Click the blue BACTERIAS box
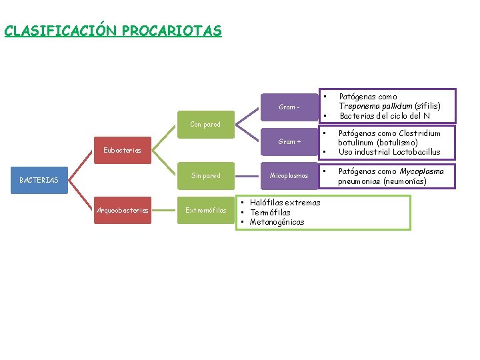(x=39, y=180)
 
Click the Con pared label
(x=205, y=124)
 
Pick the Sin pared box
(x=205, y=176)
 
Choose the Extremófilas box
(x=205, y=211)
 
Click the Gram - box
(x=289, y=107)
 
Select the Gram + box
(x=289, y=141)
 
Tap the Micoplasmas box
(x=289, y=176)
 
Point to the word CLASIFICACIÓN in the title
(x=61, y=31)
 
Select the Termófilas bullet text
(x=270, y=212)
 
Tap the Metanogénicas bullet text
(x=277, y=222)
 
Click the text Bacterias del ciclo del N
(x=385, y=116)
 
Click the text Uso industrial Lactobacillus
(x=389, y=152)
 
